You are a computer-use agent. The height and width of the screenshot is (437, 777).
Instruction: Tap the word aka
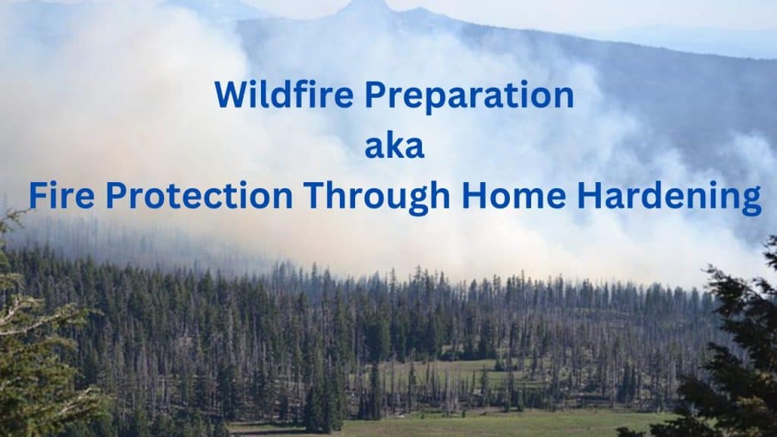(394, 146)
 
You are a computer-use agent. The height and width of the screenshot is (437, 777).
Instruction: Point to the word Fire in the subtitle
(61, 196)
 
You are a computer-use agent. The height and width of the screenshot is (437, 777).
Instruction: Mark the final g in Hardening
(750, 201)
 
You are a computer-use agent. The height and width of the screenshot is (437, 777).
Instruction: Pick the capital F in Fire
(38, 196)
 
